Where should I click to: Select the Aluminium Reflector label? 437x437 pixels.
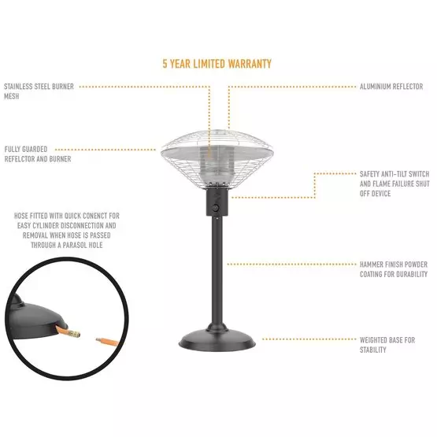(391, 86)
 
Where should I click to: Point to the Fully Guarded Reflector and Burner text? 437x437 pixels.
(38, 154)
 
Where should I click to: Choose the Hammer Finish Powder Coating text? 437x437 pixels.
(393, 269)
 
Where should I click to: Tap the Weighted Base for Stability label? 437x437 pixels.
(387, 345)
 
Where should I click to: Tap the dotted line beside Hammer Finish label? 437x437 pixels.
(291, 264)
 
